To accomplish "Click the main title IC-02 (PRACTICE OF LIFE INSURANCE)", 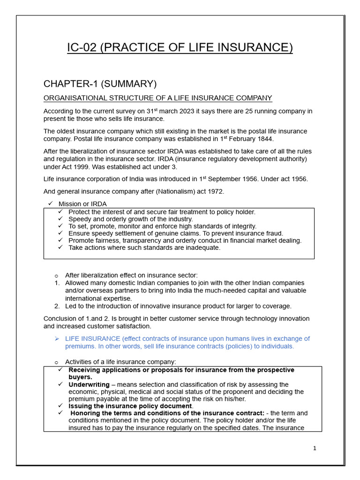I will click(x=180, y=48).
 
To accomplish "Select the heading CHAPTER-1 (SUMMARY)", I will click(x=100, y=84).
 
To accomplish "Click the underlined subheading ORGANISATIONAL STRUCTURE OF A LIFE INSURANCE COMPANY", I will click(x=157, y=98).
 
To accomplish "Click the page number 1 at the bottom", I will click(x=315, y=448).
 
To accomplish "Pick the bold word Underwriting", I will click(x=89, y=384).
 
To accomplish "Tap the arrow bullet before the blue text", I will click(x=57, y=339).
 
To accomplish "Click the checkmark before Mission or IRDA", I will click(x=51, y=204).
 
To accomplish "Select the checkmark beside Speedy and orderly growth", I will click(x=60, y=219).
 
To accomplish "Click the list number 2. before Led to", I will click(x=57, y=306).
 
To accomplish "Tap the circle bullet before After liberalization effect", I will click(x=57, y=276).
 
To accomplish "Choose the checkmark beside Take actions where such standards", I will click(x=60, y=247).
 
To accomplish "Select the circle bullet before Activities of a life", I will click(x=57, y=362).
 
